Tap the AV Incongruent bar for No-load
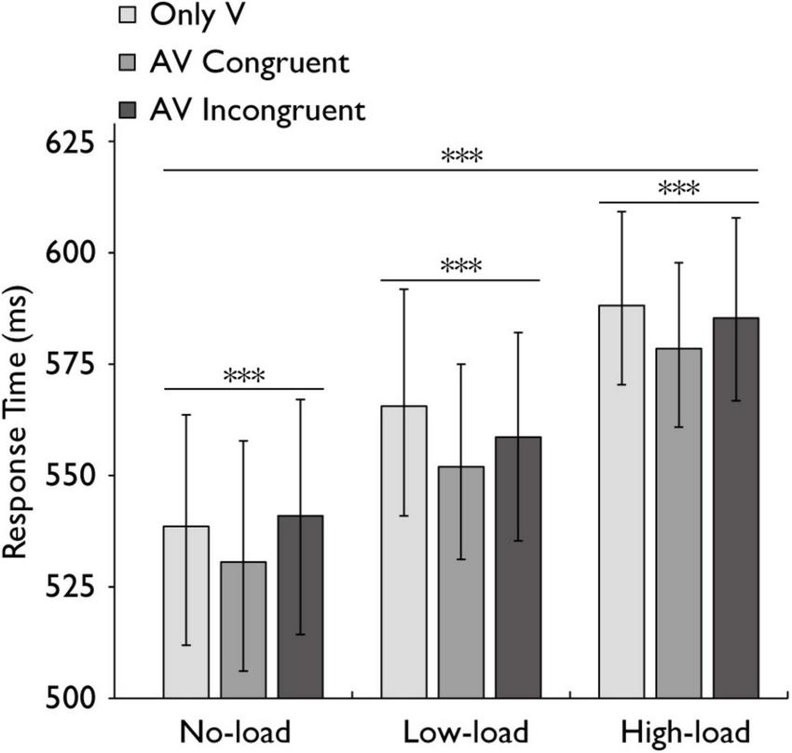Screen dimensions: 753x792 300,606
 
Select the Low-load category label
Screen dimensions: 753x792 460,729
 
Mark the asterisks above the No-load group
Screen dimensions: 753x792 244,376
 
